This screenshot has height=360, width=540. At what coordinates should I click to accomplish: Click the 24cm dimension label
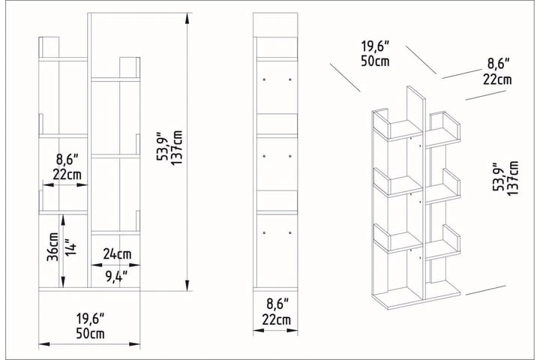pyautogui.click(x=115, y=253)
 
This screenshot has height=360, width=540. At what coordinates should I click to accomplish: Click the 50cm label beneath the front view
pyautogui.click(x=89, y=333)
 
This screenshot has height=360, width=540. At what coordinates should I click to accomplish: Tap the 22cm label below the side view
pyautogui.click(x=277, y=320)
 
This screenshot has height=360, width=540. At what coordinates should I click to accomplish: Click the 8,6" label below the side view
pyautogui.click(x=277, y=304)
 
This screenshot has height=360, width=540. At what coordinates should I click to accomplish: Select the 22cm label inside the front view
pyautogui.click(x=67, y=175)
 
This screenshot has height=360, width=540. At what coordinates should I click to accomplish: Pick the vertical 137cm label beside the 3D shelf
pyautogui.click(x=512, y=178)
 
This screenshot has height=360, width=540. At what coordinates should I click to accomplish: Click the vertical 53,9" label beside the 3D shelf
pyautogui.click(x=497, y=178)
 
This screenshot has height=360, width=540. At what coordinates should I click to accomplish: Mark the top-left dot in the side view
pyautogui.click(x=264, y=78)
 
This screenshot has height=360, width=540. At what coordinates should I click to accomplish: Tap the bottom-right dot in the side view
pyautogui.click(x=289, y=233)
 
